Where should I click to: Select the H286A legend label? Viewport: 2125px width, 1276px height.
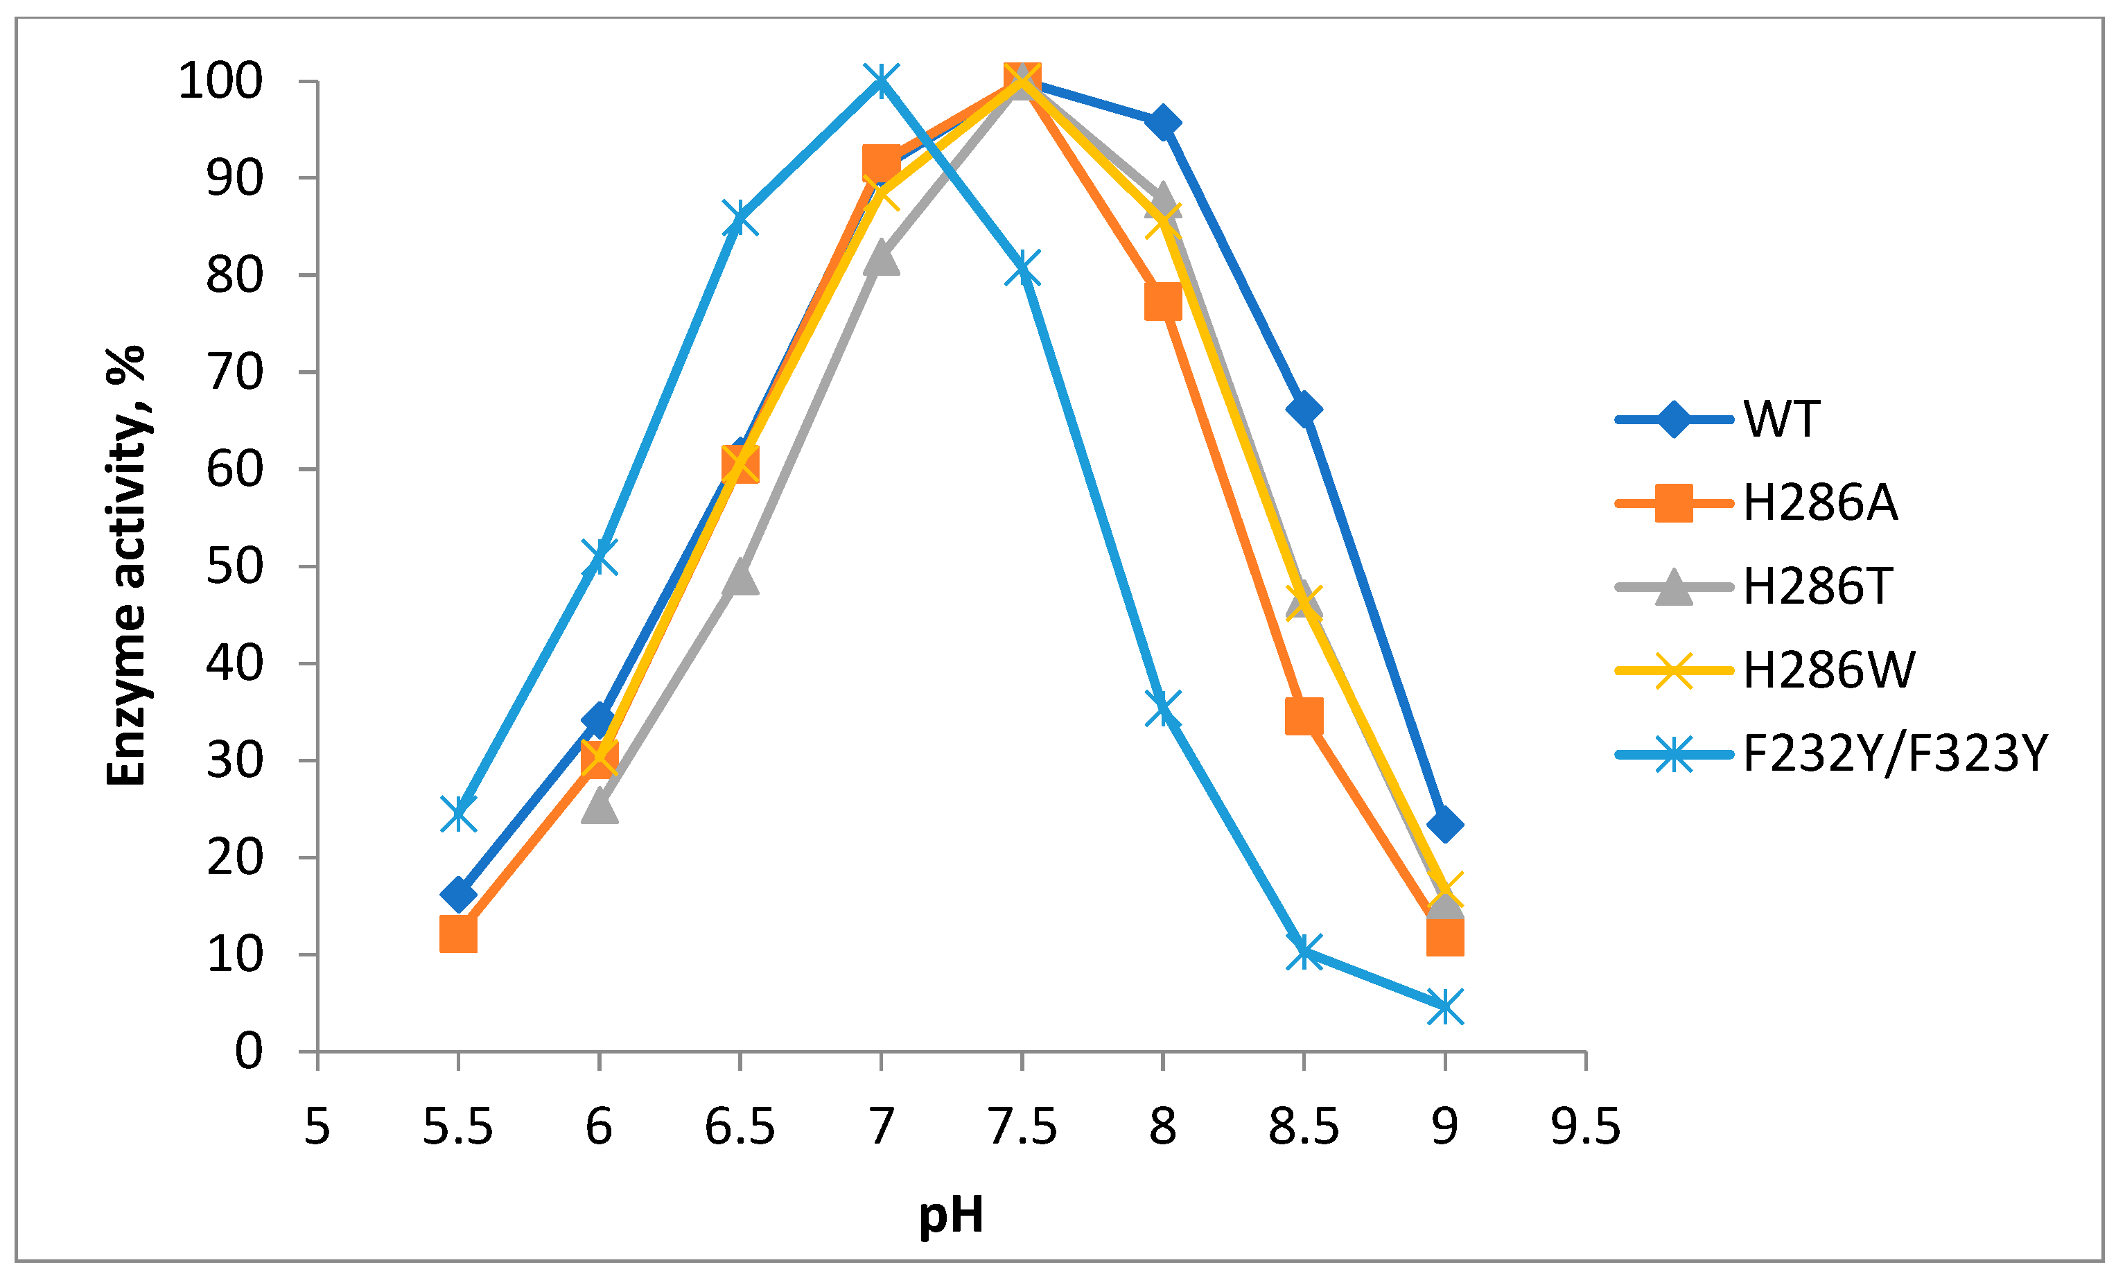click(x=1820, y=503)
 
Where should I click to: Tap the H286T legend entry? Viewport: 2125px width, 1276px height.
click(x=1817, y=586)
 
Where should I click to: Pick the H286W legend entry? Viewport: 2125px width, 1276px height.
click(x=1828, y=670)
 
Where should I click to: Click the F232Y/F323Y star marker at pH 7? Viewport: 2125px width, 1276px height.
click(x=881, y=82)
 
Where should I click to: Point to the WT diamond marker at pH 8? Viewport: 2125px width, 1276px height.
click(x=1163, y=123)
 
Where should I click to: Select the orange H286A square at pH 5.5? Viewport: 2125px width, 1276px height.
click(x=458, y=933)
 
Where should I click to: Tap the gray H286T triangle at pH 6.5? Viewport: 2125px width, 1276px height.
click(x=740, y=579)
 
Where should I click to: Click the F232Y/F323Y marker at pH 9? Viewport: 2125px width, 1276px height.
click(x=1445, y=1006)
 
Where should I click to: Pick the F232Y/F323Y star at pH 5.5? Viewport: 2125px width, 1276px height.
click(x=458, y=812)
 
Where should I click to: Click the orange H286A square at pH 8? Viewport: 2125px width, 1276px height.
click(x=1163, y=301)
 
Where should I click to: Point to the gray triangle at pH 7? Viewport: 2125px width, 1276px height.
click(x=881, y=258)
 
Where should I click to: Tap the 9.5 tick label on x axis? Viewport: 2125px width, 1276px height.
click(x=1585, y=1126)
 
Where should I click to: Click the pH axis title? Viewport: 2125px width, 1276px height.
click(x=951, y=1216)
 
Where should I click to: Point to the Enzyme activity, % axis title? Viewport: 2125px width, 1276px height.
click(x=126, y=565)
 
